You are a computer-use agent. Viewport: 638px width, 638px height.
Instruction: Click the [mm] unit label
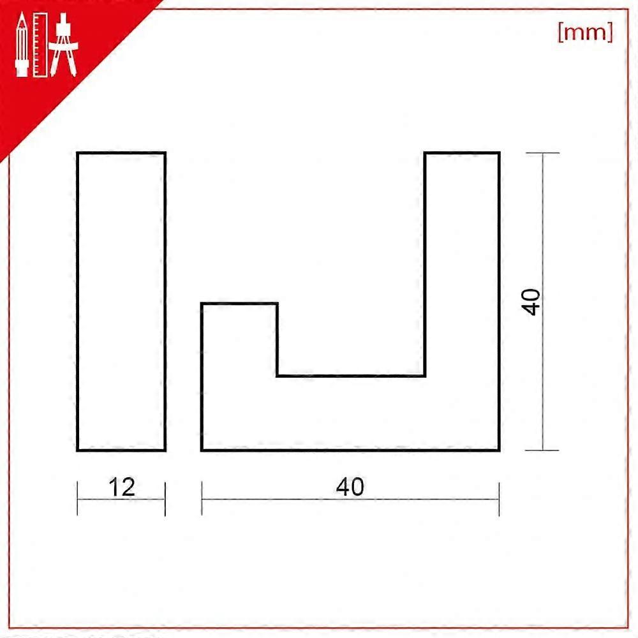585,33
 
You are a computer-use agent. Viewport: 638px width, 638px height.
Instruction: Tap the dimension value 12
121,487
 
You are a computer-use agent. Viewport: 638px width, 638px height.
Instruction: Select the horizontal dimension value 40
350,487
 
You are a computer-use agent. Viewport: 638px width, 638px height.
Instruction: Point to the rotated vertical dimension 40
531,301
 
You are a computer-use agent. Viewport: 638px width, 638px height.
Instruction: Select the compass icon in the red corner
65,45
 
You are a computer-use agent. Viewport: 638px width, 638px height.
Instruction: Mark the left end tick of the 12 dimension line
78,498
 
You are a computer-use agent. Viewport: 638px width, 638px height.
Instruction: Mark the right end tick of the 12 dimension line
165,498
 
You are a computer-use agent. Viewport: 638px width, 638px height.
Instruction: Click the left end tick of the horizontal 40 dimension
202,498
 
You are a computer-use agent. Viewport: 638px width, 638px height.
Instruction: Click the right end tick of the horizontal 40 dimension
499,498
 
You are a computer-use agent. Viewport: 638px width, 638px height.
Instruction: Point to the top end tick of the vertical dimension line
543,153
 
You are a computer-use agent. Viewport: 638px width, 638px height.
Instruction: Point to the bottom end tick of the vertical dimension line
543,450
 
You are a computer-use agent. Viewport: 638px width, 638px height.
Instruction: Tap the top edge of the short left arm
239,304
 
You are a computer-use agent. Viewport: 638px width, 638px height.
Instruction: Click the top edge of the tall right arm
462,153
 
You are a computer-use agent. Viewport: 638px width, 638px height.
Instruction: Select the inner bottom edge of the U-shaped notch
351,376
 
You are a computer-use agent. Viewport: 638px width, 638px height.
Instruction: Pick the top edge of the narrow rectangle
121,153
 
